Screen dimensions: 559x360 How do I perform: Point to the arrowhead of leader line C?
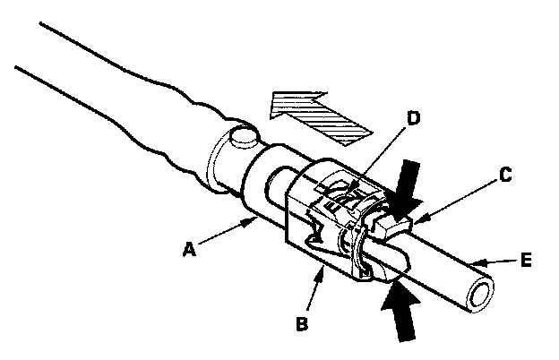(x=414, y=218)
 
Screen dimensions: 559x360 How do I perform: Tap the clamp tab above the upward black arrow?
(x=392, y=265)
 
